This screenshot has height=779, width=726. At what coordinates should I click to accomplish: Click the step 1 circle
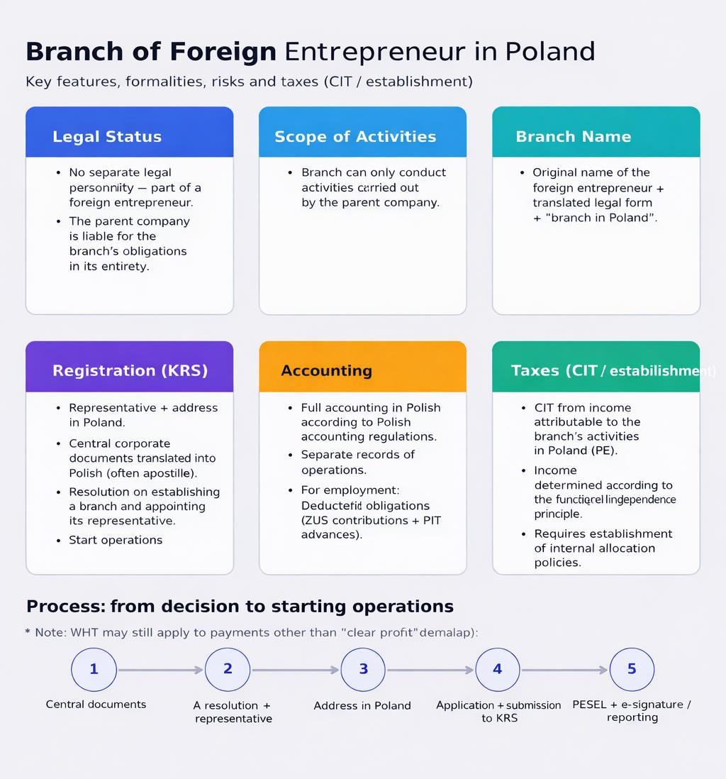coord(94,669)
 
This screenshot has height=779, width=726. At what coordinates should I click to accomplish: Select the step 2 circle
coord(228,669)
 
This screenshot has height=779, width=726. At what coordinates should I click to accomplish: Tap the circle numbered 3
coord(363,669)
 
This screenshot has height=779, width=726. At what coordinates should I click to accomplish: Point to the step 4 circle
coord(497,669)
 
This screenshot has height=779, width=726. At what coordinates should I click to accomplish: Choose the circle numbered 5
coord(632,669)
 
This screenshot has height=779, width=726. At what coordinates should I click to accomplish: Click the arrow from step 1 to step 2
coord(161,670)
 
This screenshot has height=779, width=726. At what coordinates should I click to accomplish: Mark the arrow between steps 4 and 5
coord(564,670)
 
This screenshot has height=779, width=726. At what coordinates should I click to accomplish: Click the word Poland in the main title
coord(550,52)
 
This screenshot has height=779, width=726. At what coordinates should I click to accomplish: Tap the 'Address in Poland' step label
coord(362,705)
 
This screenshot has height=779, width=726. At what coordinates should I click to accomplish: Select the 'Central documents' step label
coord(96,705)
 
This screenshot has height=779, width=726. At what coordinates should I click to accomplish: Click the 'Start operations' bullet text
coord(116,540)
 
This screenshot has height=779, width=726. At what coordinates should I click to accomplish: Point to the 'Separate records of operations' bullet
coord(357,462)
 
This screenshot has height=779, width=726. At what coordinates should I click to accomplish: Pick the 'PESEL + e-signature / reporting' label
coord(632,711)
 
